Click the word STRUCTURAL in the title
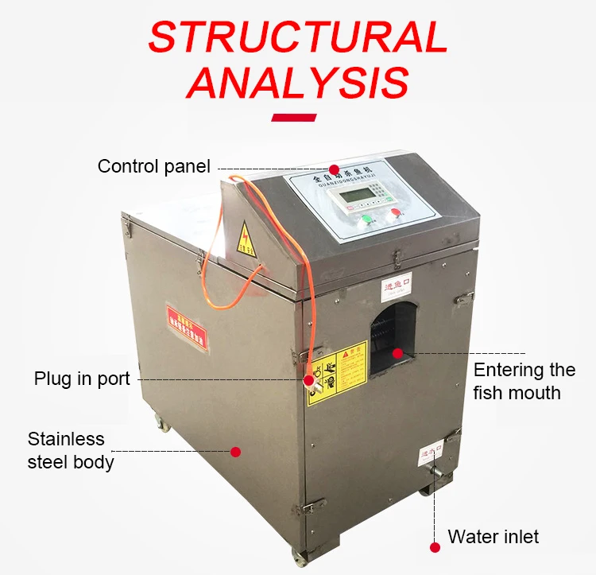click(x=298, y=37)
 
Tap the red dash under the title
click(x=294, y=118)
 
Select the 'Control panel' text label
click(x=153, y=166)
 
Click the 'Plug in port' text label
click(x=82, y=379)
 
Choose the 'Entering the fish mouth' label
click(x=524, y=381)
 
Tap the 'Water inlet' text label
click(x=493, y=537)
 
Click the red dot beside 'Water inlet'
click(x=435, y=547)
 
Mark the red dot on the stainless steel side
click(x=235, y=452)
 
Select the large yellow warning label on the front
click(x=337, y=373)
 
